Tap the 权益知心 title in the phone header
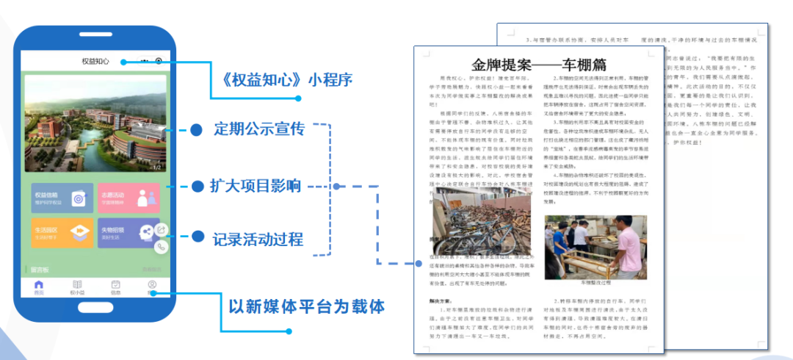[95, 62]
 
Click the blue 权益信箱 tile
[62, 198]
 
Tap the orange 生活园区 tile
[62, 233]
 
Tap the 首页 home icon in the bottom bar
[38, 287]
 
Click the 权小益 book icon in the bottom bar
[77, 287]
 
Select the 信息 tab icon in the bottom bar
[116, 287]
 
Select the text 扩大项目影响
[257, 185]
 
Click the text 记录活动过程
[257, 239]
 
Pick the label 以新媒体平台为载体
[306, 305]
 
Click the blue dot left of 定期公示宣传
[196, 130]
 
